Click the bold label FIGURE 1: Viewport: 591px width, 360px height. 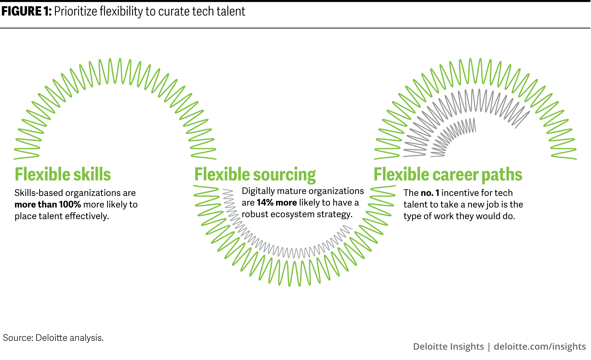point(27,11)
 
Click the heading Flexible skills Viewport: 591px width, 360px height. point(63,174)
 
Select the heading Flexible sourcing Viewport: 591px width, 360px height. point(255,175)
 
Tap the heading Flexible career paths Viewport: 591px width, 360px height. point(448,175)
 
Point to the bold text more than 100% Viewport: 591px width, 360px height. point(48,205)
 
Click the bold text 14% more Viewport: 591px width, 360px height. point(277,202)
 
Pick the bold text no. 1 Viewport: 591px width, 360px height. point(430,193)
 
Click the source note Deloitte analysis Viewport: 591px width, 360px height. point(69,338)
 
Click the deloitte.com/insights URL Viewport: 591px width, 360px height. point(540,346)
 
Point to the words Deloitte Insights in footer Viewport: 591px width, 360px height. point(448,346)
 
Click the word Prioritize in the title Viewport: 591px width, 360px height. point(76,12)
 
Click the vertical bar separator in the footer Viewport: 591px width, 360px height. point(489,347)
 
